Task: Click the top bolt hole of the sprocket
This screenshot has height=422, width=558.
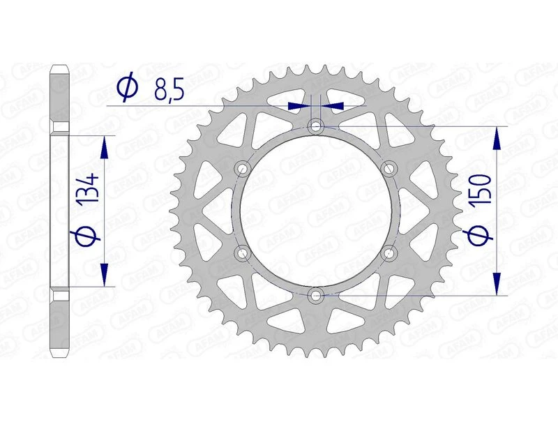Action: tap(317, 126)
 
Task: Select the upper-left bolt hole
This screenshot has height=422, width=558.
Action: tap(243, 168)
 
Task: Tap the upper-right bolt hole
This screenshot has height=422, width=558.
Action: tap(390, 168)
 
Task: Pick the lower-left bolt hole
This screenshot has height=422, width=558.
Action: tap(243, 252)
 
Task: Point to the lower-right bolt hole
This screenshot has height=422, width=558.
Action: tap(390, 252)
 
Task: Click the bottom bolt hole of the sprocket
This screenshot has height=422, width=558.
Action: tap(317, 295)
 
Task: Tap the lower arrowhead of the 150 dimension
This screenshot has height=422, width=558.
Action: tap(497, 283)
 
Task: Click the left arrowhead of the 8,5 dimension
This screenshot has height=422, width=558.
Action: tap(298, 106)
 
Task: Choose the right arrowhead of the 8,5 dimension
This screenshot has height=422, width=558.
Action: tap(334, 106)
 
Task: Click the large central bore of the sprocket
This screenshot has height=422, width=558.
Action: tap(317, 210)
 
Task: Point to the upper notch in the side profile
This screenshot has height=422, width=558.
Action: tap(60, 128)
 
